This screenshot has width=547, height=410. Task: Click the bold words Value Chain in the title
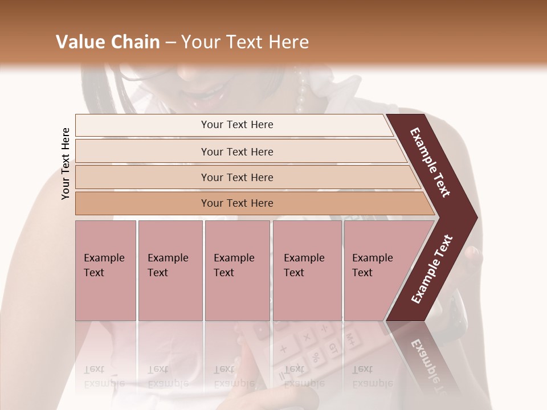click(x=108, y=42)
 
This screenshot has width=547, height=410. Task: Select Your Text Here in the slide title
click(x=245, y=42)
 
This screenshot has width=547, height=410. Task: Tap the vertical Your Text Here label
click(x=66, y=163)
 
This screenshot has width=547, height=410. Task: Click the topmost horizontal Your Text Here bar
click(x=236, y=125)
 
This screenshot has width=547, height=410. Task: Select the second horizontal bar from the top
click(x=236, y=151)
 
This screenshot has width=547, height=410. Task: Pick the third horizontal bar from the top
click(x=236, y=177)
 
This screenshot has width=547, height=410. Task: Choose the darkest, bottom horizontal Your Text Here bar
click(x=236, y=203)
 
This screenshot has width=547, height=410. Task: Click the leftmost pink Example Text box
click(x=105, y=270)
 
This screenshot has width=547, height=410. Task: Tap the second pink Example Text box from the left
click(x=170, y=270)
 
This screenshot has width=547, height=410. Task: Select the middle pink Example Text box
click(x=237, y=270)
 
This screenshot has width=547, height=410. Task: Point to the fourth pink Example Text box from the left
click(x=307, y=270)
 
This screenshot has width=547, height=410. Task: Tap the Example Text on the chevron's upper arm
click(x=430, y=162)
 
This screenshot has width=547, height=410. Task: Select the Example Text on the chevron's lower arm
click(x=432, y=269)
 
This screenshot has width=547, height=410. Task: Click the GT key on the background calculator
click(x=333, y=347)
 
